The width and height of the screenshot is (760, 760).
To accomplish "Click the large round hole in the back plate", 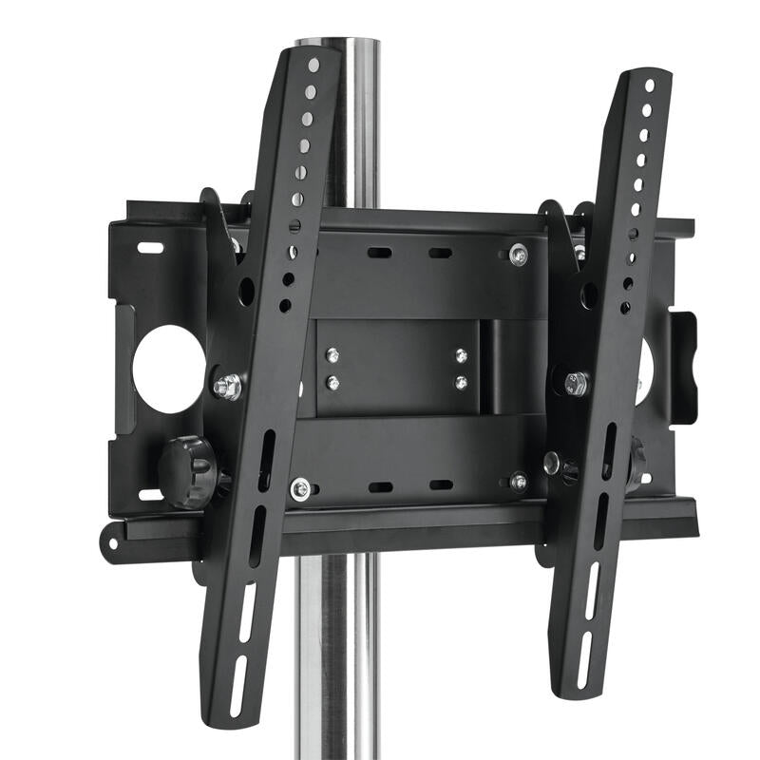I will pyautogui.click(x=168, y=369).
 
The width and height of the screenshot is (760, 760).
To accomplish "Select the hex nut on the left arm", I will pyautogui.click(x=227, y=387).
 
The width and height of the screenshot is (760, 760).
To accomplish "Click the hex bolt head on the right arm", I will pyautogui.click(x=576, y=384).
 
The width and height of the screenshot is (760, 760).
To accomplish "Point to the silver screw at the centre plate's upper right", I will pyautogui.click(x=518, y=255).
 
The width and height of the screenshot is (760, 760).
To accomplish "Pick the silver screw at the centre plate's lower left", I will pyautogui.click(x=300, y=489).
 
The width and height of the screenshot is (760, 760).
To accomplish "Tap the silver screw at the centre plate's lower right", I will pyautogui.click(x=519, y=482).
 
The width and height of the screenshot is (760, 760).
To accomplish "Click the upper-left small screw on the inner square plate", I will pyautogui.click(x=332, y=355).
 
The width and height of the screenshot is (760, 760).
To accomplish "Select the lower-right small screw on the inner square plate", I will pyautogui.click(x=461, y=383).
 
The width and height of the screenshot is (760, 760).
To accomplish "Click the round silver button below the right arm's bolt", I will pyautogui.click(x=552, y=463).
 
